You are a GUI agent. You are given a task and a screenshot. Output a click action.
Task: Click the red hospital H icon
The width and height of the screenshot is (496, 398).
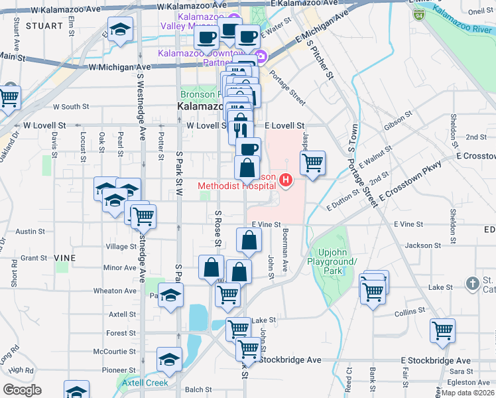tap(286, 180)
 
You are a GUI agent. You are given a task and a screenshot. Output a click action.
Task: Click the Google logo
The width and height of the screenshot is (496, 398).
tap(22, 389)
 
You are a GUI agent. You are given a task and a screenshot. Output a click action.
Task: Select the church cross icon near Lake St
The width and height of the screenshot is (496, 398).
tap(471, 283)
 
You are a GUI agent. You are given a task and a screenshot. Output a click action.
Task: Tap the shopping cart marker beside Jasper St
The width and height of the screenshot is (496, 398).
tap(312, 162)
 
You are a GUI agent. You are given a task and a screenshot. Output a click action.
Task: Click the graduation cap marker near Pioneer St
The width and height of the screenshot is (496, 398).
tap(169, 360)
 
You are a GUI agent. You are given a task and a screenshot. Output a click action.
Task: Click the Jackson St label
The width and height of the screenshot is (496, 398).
tap(418, 245)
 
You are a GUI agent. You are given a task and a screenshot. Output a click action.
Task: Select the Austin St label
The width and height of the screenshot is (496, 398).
tap(29, 232)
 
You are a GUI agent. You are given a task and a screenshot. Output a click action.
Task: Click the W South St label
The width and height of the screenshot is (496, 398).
tap(71, 106)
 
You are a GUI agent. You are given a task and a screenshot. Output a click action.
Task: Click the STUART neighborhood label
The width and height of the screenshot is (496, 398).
tap(44, 25)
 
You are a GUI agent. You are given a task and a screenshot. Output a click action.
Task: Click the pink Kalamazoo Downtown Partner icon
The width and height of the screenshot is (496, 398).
tap(261, 56)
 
